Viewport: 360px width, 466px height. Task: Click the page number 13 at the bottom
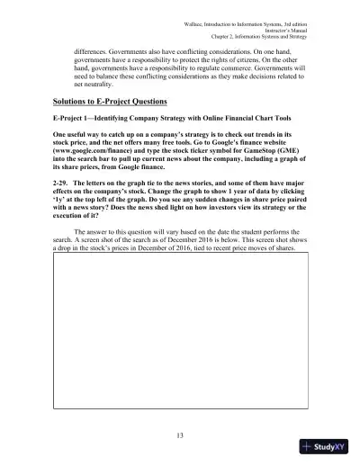[x=181, y=435]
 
